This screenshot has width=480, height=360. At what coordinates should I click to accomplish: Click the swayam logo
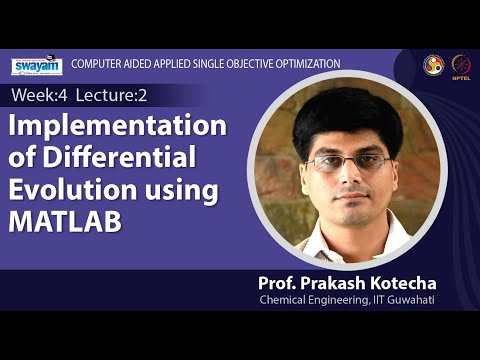pos(37,66)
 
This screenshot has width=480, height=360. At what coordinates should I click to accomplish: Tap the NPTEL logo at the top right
pos(461,64)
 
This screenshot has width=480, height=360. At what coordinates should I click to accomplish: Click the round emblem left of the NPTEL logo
pos(433,64)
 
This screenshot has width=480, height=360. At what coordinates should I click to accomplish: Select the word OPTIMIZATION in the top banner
pos(305,64)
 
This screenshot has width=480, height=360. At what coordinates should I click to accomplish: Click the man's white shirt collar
pos(322,233)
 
